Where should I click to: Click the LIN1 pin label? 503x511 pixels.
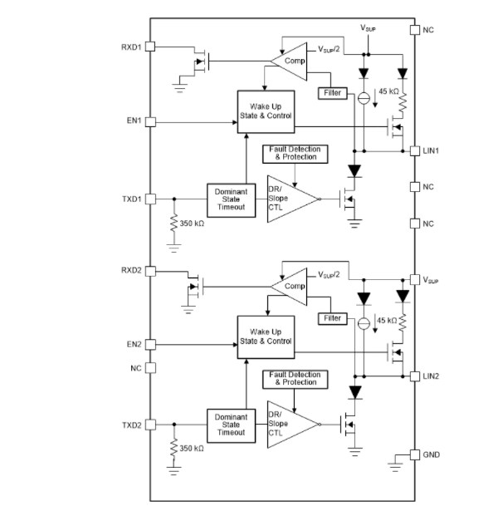[x=432, y=150]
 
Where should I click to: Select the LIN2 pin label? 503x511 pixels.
[x=432, y=376]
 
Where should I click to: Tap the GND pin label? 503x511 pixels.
[x=432, y=454]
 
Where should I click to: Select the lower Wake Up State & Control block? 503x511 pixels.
[x=266, y=336]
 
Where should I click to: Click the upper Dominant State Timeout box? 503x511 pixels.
[x=229, y=200]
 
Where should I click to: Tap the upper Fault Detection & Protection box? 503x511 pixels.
[x=295, y=153]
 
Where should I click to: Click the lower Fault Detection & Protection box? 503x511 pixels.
[x=295, y=378]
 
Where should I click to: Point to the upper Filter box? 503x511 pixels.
[x=333, y=93]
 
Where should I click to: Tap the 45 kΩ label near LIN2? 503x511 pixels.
[x=387, y=320]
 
